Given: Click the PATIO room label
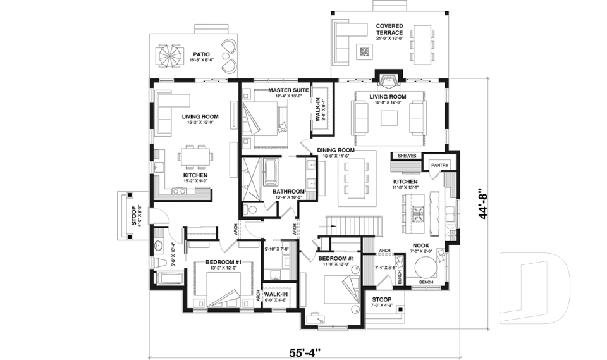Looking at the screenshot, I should click(x=200, y=54).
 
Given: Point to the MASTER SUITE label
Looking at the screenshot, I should click(x=288, y=90).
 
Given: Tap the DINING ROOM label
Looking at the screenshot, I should click(x=336, y=151).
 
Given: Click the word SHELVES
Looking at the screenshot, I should click(x=405, y=154).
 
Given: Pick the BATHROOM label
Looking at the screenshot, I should click(x=288, y=191).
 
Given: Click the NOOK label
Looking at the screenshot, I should click(x=422, y=245).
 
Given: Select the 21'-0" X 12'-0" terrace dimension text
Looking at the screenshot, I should click(x=389, y=39).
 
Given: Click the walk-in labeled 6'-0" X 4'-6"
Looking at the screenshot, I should click(x=276, y=297).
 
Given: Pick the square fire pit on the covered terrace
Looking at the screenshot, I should click(x=365, y=52).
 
